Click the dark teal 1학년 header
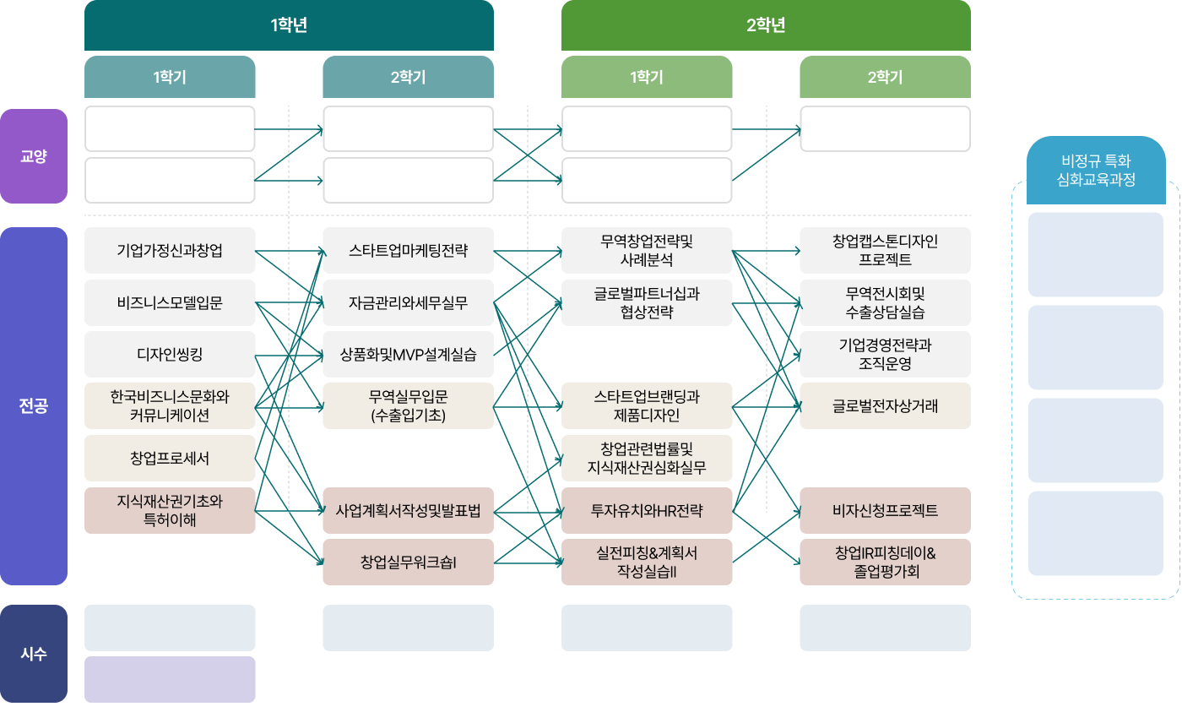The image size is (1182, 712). (x=289, y=24)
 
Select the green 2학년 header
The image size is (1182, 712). (x=766, y=24)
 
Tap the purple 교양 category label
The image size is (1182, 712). (x=34, y=156)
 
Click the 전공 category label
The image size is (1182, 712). (x=34, y=406)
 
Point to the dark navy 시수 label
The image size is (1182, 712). (x=34, y=654)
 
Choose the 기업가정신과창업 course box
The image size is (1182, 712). (x=170, y=250)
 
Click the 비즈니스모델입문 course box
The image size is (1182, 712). (x=170, y=302)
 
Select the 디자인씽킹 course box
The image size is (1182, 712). (x=170, y=354)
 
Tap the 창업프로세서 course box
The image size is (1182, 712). (x=170, y=458)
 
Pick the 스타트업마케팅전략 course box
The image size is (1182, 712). (x=409, y=250)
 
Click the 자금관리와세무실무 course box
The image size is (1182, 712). (x=409, y=302)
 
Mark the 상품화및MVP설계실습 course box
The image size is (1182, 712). (x=409, y=354)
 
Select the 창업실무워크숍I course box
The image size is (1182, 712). (x=409, y=563)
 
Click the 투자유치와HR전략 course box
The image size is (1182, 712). (x=647, y=510)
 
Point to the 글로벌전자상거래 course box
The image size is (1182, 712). (x=886, y=406)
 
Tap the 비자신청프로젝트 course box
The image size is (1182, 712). (x=886, y=510)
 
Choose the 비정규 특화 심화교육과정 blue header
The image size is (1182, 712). (x=1096, y=170)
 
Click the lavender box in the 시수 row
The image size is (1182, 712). (x=170, y=679)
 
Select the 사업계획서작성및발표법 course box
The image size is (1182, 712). (x=409, y=510)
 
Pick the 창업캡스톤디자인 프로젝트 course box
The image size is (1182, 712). (x=886, y=250)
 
